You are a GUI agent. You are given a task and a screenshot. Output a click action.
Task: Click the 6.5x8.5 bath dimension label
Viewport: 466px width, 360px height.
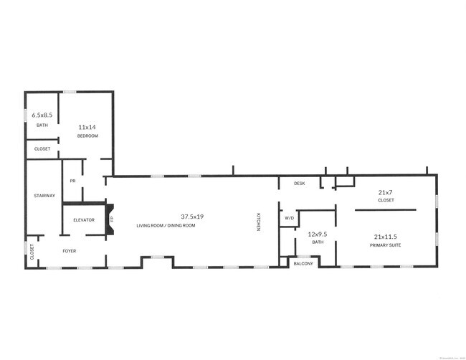click(x=42, y=113)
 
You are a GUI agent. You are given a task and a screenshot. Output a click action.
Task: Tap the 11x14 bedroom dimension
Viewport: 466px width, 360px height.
click(x=87, y=127)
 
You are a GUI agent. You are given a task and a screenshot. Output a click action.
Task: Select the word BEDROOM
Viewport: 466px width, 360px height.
click(x=87, y=136)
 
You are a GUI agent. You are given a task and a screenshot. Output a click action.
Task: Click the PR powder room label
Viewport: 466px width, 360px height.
click(x=72, y=181)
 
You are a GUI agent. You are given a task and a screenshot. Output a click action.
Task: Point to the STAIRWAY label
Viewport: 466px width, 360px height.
click(x=44, y=196)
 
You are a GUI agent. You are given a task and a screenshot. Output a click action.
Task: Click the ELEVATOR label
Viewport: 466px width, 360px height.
click(x=83, y=219)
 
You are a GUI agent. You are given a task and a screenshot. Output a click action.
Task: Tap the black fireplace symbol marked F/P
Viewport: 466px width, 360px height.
click(x=111, y=215)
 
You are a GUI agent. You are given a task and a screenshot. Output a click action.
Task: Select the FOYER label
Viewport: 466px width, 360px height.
click(x=69, y=251)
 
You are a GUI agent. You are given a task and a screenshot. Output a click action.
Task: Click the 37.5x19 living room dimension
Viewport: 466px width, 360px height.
click(x=193, y=216)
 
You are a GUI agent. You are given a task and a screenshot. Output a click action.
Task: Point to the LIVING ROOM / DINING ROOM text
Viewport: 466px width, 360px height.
click(x=166, y=226)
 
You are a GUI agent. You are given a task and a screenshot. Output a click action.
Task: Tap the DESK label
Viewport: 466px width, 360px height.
click(x=299, y=184)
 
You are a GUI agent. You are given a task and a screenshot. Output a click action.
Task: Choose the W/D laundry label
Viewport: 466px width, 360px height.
click(x=290, y=218)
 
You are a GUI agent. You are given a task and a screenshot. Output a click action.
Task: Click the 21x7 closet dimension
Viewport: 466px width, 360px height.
click(x=386, y=192)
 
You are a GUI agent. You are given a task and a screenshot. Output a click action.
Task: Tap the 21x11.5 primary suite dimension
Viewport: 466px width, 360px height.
click(x=386, y=236)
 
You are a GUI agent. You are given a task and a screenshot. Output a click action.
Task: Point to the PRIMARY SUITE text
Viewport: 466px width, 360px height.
click(x=386, y=245)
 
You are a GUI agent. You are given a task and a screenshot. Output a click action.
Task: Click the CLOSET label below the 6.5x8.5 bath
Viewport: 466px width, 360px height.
click(x=42, y=149)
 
